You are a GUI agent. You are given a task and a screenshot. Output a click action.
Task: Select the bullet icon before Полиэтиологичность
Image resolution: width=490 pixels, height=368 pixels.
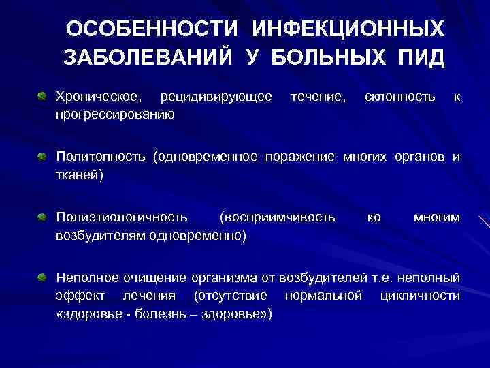[x=42, y=217]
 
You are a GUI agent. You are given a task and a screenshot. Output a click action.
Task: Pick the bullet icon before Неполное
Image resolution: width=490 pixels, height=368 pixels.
[x=42, y=277]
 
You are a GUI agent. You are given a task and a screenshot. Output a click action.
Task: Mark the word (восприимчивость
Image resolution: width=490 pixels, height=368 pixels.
[x=278, y=217]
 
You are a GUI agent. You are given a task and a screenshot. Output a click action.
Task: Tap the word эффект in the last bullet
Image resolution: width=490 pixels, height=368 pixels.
[x=78, y=296]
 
